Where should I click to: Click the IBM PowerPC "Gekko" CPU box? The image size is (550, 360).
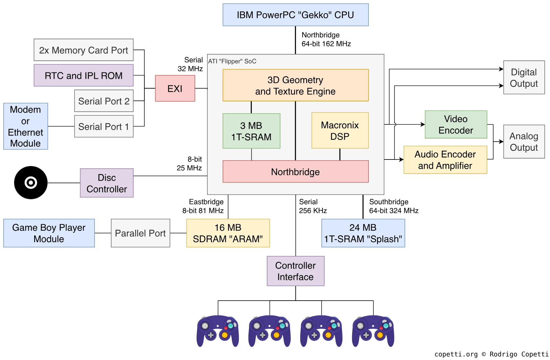296,15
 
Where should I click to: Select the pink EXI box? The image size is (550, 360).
175,88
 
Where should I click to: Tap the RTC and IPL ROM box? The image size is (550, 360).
84,75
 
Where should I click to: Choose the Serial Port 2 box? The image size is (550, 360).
104,101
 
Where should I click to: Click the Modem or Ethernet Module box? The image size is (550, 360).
26,126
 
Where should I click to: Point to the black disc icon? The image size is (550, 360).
31,183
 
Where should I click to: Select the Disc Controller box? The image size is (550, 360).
107,183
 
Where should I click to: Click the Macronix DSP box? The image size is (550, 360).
340,130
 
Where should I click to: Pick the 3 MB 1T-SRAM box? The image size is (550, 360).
251,131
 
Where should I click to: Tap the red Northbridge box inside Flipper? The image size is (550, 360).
296,172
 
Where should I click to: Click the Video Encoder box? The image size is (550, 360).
456,124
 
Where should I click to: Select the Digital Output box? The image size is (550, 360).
524,77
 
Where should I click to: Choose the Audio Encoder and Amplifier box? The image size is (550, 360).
445,160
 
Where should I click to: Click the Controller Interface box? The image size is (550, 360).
296,271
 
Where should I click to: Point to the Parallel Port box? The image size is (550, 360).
140,233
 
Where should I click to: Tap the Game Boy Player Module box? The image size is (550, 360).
49,233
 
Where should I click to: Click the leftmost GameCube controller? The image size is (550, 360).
218,331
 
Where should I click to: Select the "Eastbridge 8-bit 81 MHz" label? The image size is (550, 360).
203,206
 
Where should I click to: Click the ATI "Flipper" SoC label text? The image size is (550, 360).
232,61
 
